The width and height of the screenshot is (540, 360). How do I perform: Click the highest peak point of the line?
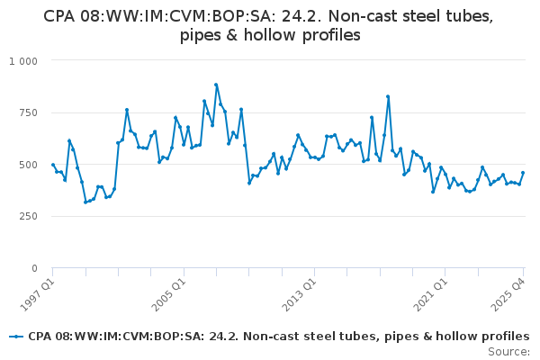click(216, 85)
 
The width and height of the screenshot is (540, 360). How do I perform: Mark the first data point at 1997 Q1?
click(53, 165)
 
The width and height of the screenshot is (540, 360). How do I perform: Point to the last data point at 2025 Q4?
click(523, 173)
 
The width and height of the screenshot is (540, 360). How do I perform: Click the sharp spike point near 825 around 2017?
click(388, 96)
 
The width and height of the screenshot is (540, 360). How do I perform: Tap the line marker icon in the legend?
click(15, 337)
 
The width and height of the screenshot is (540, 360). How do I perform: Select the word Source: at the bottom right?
click(508, 352)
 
